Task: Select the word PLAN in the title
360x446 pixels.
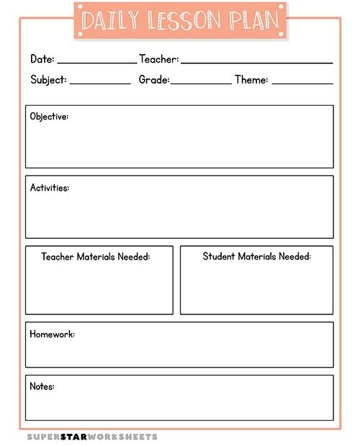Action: click(x=253, y=22)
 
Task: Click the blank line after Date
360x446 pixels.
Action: click(x=96, y=62)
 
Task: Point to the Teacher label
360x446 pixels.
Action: click(x=158, y=59)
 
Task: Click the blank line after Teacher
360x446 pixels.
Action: click(x=257, y=62)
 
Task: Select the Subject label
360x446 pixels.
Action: click(x=48, y=80)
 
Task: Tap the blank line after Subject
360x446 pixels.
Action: click(x=100, y=83)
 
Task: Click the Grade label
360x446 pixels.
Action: click(x=154, y=80)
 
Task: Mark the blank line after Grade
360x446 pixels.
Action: click(x=201, y=83)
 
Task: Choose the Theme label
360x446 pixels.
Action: click(x=251, y=80)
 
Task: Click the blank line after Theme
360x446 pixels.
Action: click(x=302, y=83)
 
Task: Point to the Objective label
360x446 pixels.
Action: click(x=49, y=117)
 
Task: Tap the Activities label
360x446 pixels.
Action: click(x=50, y=188)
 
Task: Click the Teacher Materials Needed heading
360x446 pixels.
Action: click(x=96, y=257)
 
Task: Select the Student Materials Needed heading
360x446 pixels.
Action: click(x=256, y=257)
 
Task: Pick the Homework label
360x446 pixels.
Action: click(x=52, y=334)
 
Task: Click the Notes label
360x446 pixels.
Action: click(x=42, y=386)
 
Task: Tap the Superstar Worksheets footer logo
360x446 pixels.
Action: click(x=92, y=437)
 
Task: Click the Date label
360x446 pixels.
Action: click(x=42, y=59)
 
